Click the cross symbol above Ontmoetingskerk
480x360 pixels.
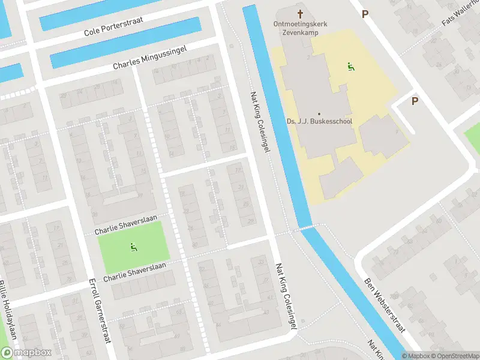(300, 13)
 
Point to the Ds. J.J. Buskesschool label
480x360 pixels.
(319, 121)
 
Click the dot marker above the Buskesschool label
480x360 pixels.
(319, 113)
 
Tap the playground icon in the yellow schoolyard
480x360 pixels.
(350, 67)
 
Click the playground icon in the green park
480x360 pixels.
(133, 246)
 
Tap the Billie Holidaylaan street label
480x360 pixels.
(11, 318)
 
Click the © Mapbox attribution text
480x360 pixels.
(416, 356)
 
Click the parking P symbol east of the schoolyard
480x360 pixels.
(415, 101)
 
